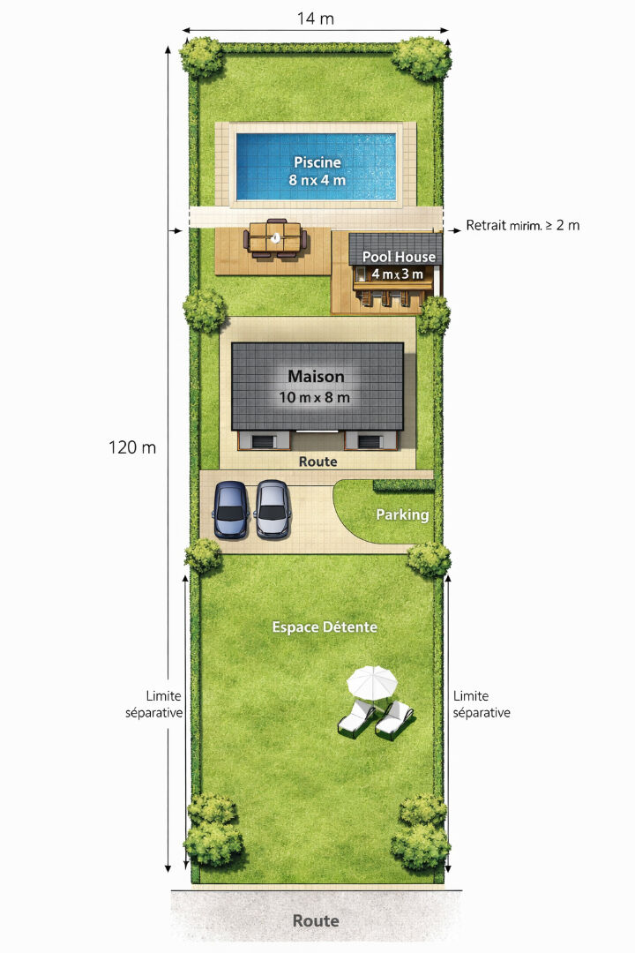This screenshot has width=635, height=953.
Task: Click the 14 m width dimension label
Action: (316, 19)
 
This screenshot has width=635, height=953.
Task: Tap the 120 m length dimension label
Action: (132, 447)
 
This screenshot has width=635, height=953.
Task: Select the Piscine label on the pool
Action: (317, 162)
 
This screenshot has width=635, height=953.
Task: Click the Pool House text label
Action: (399, 257)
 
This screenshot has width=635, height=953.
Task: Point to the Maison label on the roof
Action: (316, 376)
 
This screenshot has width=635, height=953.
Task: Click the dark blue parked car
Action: (230, 509)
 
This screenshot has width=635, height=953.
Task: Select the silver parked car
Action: (273, 509)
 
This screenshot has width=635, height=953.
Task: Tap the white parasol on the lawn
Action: (372, 681)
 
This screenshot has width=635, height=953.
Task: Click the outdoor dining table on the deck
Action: (274, 238)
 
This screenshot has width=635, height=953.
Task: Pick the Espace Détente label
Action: (325, 627)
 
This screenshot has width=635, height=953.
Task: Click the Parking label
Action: (402, 514)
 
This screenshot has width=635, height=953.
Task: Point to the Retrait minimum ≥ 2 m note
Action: (523, 226)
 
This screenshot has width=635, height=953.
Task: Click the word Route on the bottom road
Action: (316, 920)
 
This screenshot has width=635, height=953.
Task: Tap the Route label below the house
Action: (317, 461)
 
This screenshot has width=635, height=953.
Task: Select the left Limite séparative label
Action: (154, 704)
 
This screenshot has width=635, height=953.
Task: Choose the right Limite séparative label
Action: (482, 704)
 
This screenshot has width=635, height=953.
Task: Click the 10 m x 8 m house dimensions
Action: (315, 397)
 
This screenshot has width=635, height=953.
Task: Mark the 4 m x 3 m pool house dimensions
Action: (398, 274)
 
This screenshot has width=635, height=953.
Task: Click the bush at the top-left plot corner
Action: (202, 56)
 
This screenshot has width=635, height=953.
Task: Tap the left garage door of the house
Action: (264, 441)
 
